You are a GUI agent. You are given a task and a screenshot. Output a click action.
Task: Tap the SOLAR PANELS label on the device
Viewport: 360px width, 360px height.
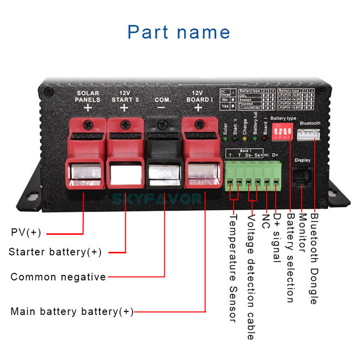click(x=87, y=96)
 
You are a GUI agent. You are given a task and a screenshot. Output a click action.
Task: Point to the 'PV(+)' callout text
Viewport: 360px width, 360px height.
click(x=26, y=233)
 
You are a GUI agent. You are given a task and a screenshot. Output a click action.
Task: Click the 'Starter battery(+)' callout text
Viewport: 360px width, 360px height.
click(x=55, y=252)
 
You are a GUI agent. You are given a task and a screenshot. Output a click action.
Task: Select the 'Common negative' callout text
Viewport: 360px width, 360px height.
click(x=58, y=277)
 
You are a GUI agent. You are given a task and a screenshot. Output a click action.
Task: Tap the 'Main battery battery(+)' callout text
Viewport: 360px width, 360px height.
click(x=72, y=311)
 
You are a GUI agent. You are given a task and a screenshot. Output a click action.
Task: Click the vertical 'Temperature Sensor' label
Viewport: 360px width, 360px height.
click(x=233, y=268)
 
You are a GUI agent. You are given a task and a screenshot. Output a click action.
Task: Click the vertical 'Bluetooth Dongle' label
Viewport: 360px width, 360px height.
click(x=313, y=259)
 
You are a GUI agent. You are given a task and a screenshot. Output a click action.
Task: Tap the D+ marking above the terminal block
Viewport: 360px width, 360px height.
click(x=276, y=155)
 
